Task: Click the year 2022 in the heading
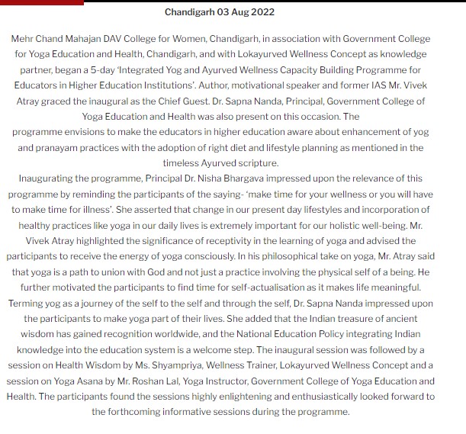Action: (262, 12)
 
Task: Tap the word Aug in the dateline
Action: (239, 12)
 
